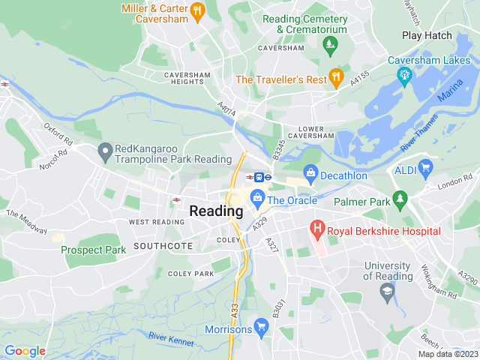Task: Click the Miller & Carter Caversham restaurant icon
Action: coord(197,10)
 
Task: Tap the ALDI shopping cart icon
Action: coord(426,166)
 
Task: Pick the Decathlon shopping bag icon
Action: coord(310,175)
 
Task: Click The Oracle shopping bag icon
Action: coord(257,199)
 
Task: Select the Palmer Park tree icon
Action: coord(400,198)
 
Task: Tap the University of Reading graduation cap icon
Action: coord(388,291)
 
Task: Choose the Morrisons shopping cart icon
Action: coord(260,325)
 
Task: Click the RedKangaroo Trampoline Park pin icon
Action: coord(105,152)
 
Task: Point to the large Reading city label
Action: coord(216,211)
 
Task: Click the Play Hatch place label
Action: coord(427,35)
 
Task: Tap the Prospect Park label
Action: coord(94,250)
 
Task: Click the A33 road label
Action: coord(235,307)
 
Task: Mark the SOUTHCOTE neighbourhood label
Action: coord(163,246)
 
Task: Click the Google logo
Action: coord(25,351)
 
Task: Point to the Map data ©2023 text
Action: coord(447,354)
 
